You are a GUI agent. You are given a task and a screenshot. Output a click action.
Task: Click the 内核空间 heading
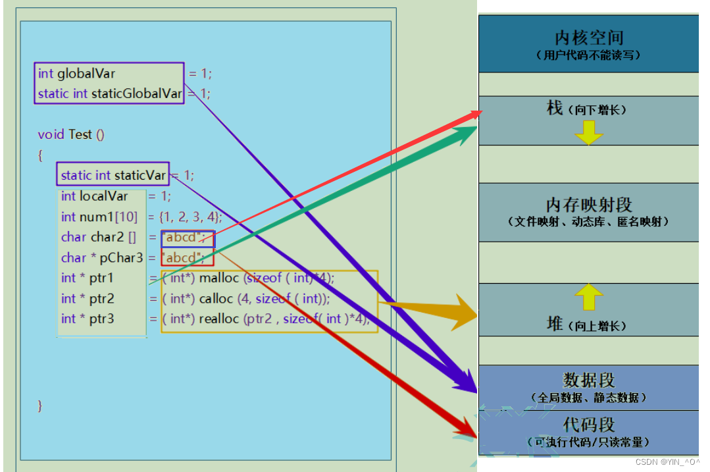588,38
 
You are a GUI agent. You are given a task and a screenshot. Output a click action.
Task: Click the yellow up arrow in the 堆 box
588,297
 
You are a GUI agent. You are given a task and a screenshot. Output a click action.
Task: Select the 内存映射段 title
588,205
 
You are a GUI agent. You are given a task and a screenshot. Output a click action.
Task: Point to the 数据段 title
588,380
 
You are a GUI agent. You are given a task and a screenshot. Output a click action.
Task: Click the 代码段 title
588,425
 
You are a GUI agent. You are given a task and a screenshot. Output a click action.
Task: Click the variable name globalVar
86,74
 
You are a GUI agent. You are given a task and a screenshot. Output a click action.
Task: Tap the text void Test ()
71,134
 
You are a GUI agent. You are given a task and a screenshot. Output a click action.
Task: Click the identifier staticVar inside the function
140,175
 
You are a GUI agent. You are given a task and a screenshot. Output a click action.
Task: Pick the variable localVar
104,196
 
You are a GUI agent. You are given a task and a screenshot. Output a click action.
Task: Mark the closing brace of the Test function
40,405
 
